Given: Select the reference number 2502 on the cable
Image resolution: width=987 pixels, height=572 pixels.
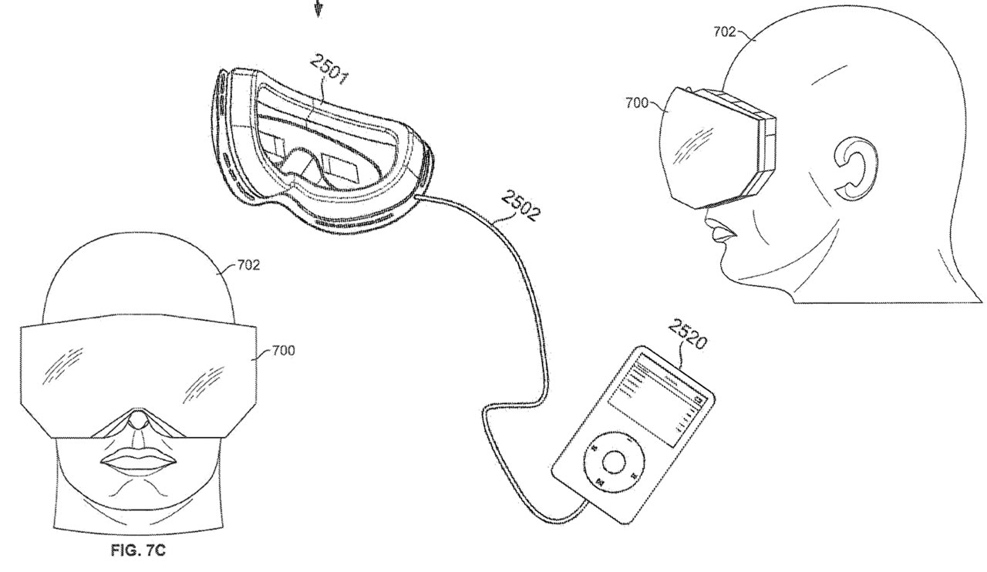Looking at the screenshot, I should (521, 207).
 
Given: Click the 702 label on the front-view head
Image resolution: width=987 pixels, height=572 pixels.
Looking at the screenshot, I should (248, 266).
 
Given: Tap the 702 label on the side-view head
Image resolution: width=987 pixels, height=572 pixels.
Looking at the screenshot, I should (726, 33).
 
